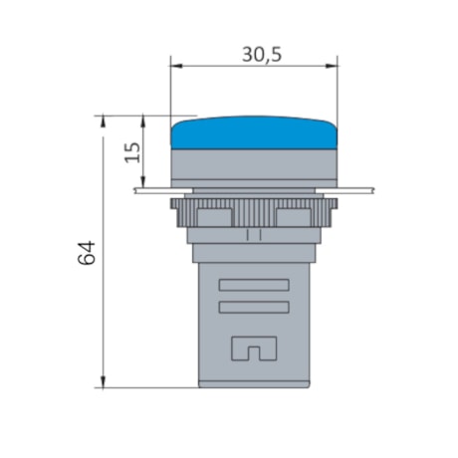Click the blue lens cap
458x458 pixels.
(254, 133)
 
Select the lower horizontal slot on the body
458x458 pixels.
(253, 307)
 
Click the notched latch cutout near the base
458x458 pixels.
(253, 349)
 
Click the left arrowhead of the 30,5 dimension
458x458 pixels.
(176, 68)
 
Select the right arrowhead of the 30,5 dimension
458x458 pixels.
(333, 68)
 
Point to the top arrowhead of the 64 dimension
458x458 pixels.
(104, 120)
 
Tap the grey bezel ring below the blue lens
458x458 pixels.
(254, 165)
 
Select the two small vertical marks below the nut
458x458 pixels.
(253, 236)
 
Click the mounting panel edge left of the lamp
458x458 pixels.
(149, 188)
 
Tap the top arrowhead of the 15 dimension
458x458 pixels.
(145, 120)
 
